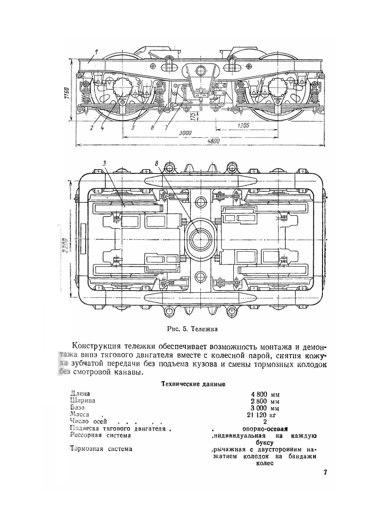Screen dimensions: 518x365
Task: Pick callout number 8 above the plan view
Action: pos(157,164)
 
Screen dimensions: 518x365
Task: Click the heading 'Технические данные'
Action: pos(192,384)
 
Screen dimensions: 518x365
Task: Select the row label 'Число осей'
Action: pos(86,422)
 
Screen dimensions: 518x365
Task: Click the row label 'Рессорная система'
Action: pos(101,436)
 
